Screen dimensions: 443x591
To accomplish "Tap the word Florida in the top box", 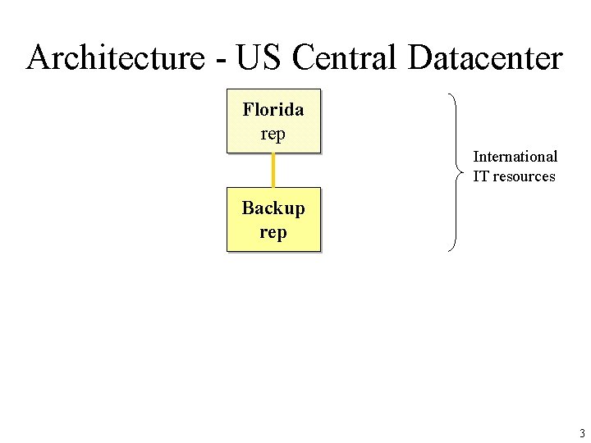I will [x=273, y=110].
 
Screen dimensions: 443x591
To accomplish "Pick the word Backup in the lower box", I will [x=273, y=208].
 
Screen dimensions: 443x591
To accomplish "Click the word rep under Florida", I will [x=273, y=135].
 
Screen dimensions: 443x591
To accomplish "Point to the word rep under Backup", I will [x=273, y=233].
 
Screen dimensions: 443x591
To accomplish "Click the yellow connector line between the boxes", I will [x=273, y=171].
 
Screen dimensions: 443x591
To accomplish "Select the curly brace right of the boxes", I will [x=455, y=172].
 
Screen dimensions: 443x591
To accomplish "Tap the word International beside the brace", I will [x=515, y=157].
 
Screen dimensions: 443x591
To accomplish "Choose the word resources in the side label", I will [x=524, y=176].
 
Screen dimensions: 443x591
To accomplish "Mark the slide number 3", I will [x=581, y=434].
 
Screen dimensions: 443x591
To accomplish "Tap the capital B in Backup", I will [x=248, y=208].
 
